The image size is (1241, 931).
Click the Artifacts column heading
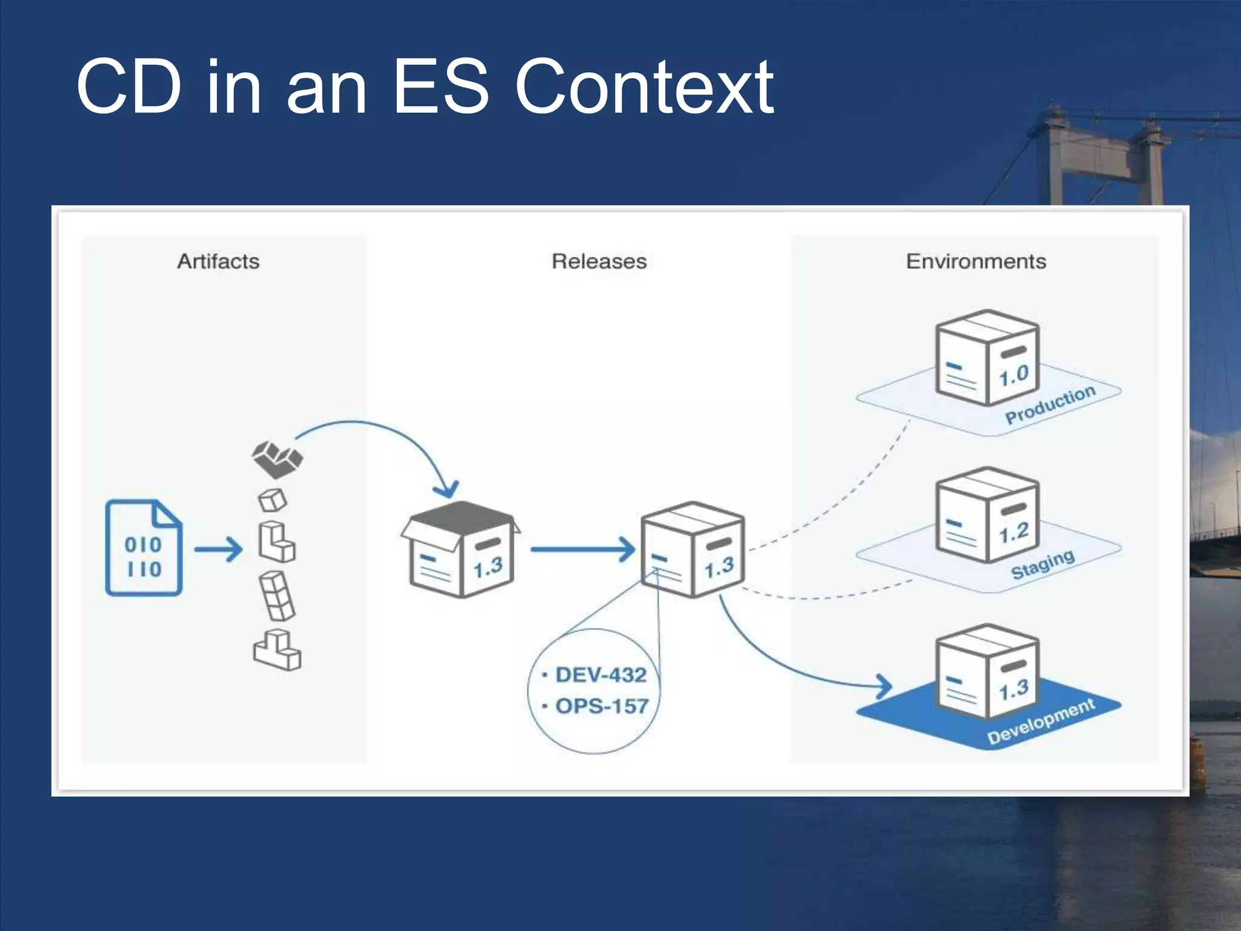218,261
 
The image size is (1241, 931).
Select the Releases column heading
599,261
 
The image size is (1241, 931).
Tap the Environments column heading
976,261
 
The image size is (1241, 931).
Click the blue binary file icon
144,548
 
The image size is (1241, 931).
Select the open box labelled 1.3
461,550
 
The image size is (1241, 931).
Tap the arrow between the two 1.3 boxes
582,550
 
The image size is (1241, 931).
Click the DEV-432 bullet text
600,675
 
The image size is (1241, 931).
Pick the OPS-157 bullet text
601,706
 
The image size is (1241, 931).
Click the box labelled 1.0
986,358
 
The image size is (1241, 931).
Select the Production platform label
1050,405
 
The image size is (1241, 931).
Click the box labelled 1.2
986,515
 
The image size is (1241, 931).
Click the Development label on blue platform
1040,721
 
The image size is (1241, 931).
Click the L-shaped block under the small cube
276,541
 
